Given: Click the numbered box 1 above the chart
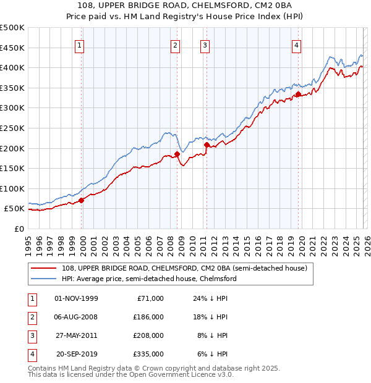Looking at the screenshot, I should (80, 44).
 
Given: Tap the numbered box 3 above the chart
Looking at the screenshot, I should (204, 44).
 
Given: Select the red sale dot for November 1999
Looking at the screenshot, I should (81, 200).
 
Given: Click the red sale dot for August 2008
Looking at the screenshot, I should (177, 154).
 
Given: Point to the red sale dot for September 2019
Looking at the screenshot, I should (298, 94).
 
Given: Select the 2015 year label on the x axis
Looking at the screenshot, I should (247, 243).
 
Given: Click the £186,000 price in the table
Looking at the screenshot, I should (149, 318).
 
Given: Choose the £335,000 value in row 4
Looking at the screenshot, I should (149, 355).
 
